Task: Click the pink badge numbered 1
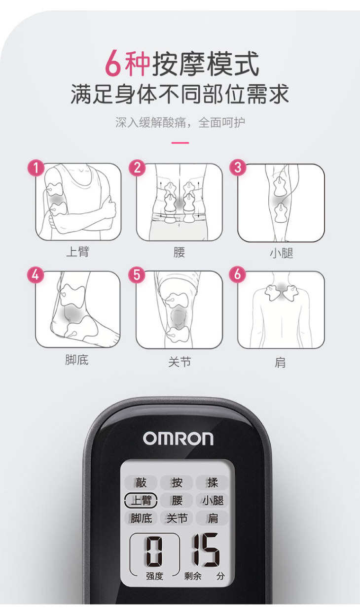point(36,168)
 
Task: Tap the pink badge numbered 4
point(36,275)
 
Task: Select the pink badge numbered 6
point(238,274)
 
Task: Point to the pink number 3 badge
point(238,167)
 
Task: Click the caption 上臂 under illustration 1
point(78,252)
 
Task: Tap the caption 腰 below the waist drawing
point(179,252)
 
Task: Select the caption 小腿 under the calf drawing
point(281,253)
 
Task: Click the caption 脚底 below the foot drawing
point(77,360)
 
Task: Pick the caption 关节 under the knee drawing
point(180,362)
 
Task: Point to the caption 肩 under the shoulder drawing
point(280,362)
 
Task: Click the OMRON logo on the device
point(178,439)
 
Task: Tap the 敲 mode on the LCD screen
point(141,482)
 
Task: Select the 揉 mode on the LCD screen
point(213,482)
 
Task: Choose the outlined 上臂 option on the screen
point(141,500)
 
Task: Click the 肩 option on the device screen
point(213,518)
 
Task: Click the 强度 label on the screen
point(155,576)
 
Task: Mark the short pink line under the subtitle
point(180,143)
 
